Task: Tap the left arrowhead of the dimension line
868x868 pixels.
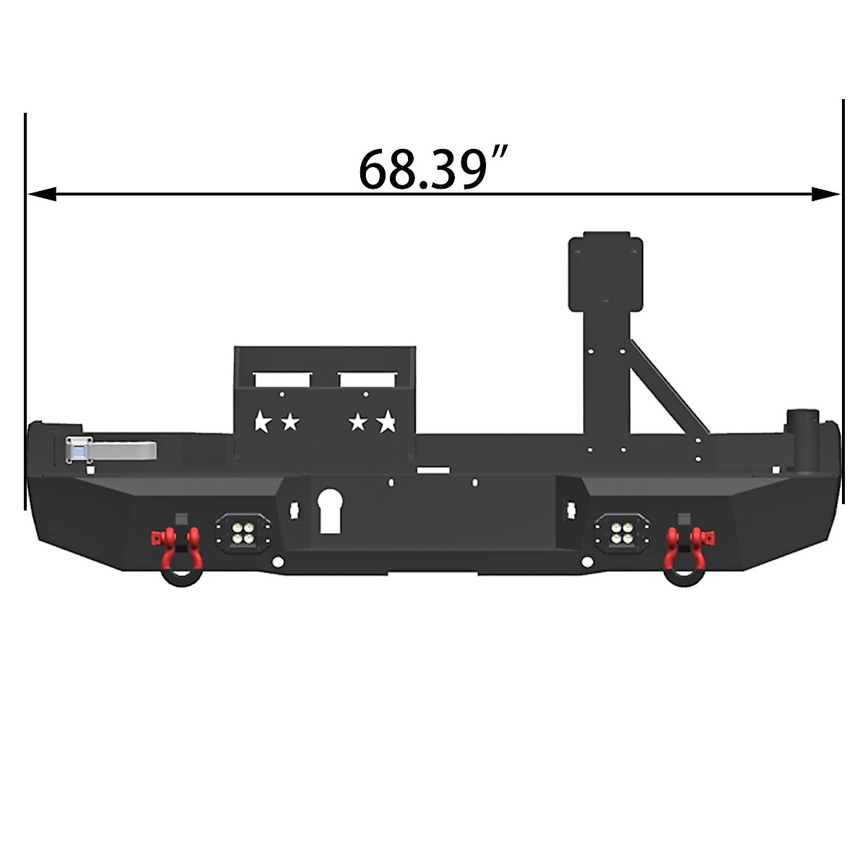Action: click(42, 194)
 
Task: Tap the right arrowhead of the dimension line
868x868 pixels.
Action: click(825, 194)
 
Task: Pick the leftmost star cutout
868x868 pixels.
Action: click(262, 421)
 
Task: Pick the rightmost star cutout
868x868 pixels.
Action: click(387, 420)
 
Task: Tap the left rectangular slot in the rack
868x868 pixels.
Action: click(282, 379)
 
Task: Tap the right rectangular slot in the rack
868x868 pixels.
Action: click(367, 378)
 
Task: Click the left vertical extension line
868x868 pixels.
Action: click(25, 311)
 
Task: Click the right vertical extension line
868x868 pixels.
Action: click(843, 304)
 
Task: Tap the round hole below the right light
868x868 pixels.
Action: click(584, 563)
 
